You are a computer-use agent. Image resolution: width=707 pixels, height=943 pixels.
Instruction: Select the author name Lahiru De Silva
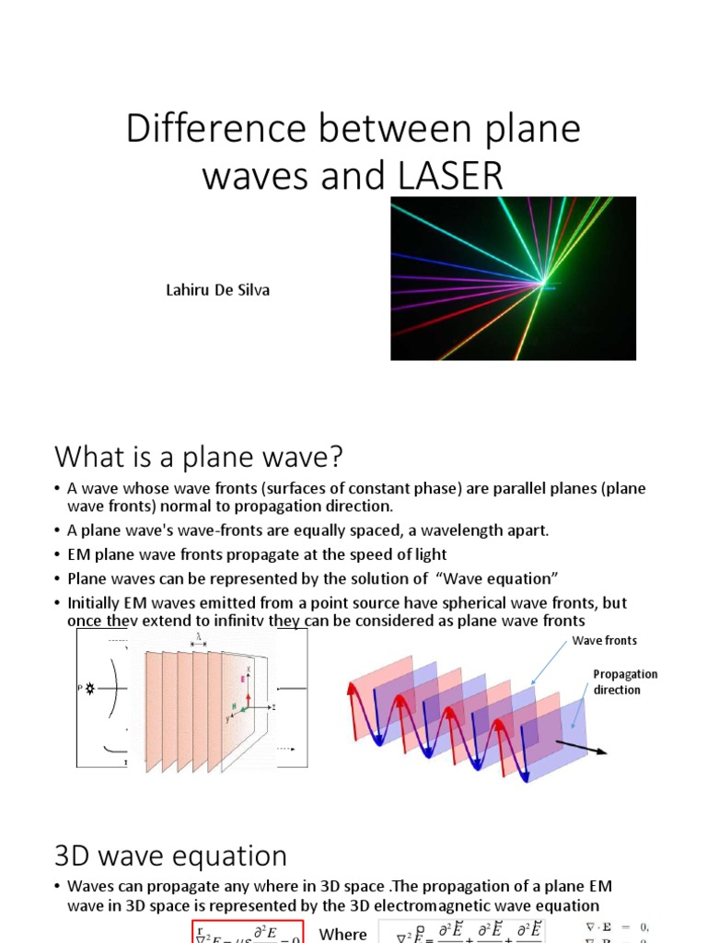216,290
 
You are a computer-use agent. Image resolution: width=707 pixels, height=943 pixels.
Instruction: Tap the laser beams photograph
513,278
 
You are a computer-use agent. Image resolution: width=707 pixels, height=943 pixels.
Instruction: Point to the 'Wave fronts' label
604,640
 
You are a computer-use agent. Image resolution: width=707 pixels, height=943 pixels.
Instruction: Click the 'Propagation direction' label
625,681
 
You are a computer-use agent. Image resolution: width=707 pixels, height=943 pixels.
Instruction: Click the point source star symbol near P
90,688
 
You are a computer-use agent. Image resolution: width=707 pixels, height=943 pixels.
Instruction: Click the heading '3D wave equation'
171,856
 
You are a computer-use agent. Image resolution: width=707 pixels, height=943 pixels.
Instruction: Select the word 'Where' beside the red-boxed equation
342,934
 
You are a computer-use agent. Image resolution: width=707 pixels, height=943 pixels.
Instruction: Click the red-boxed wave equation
248,932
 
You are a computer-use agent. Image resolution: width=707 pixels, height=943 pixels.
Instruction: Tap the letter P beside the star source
79,688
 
